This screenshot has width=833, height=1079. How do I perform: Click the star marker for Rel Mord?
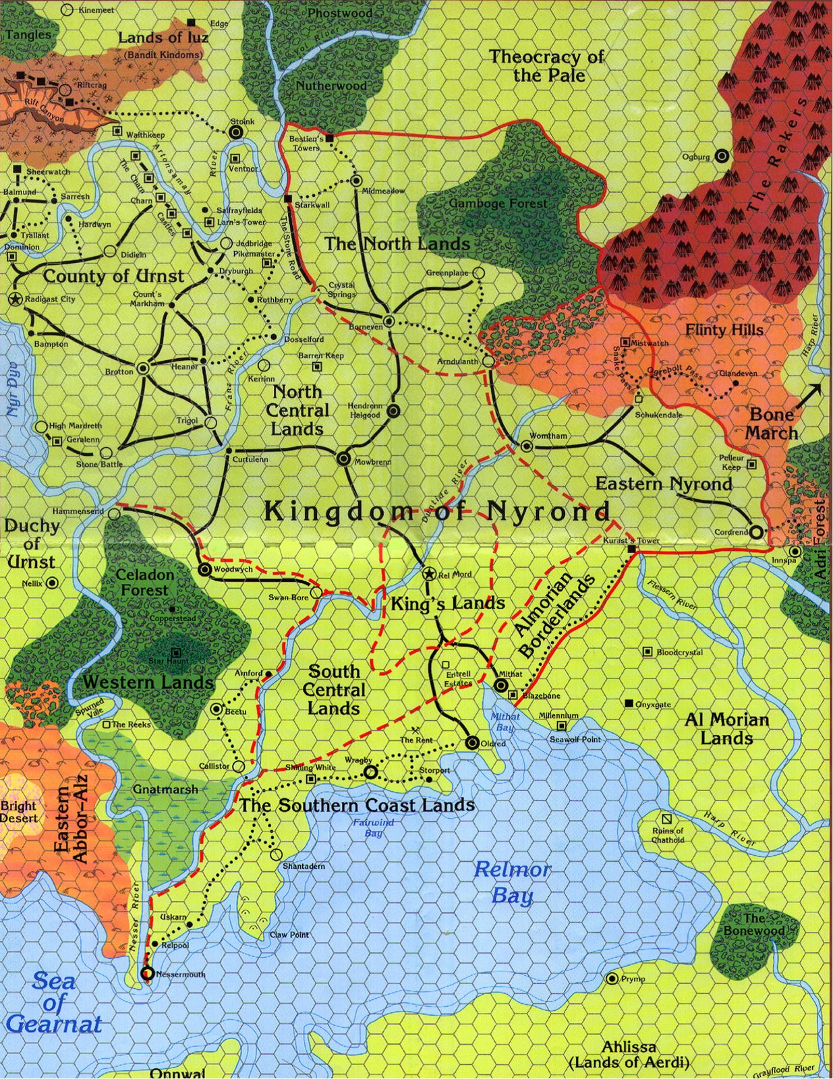coord(428,574)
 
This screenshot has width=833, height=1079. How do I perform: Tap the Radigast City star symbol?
coord(15,299)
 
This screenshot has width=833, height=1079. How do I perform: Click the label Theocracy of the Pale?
coord(546,65)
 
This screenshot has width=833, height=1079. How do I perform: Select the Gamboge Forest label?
coord(498,202)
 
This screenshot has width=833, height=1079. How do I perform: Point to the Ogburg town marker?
coord(722,156)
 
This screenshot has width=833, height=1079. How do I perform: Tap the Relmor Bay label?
coord(513,881)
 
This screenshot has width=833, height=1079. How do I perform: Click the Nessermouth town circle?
coord(146,974)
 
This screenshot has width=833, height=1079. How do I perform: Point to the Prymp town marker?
coord(612,979)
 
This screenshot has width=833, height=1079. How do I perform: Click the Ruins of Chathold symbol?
coord(666,819)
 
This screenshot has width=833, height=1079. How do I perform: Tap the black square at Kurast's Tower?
coord(631,550)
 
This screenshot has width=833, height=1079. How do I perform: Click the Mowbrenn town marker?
coord(343,459)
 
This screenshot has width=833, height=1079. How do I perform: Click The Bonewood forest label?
coord(754,925)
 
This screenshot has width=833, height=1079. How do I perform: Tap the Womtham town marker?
coord(527,446)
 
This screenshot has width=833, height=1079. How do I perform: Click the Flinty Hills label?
coord(724,329)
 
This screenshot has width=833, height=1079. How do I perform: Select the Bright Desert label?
coord(19,811)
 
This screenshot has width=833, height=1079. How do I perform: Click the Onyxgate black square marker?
coord(629,703)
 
